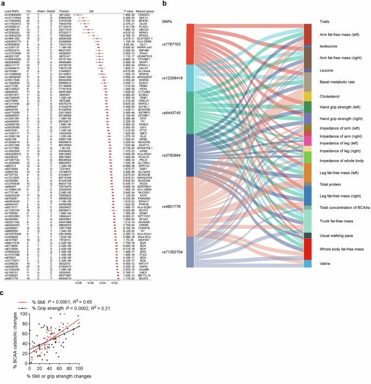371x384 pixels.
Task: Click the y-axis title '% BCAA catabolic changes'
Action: tap(4, 344)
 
